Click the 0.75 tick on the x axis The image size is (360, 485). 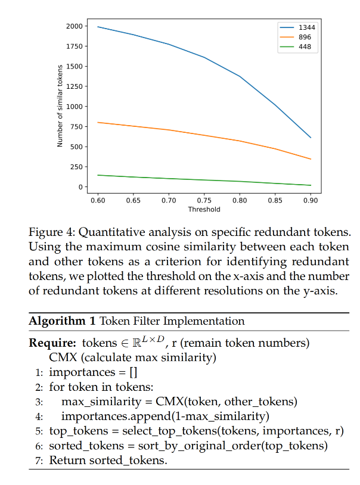pos(204,200)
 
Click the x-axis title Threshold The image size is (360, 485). pos(204,210)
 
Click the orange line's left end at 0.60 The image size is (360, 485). pos(98,122)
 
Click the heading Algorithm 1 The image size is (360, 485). pos(62,321)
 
